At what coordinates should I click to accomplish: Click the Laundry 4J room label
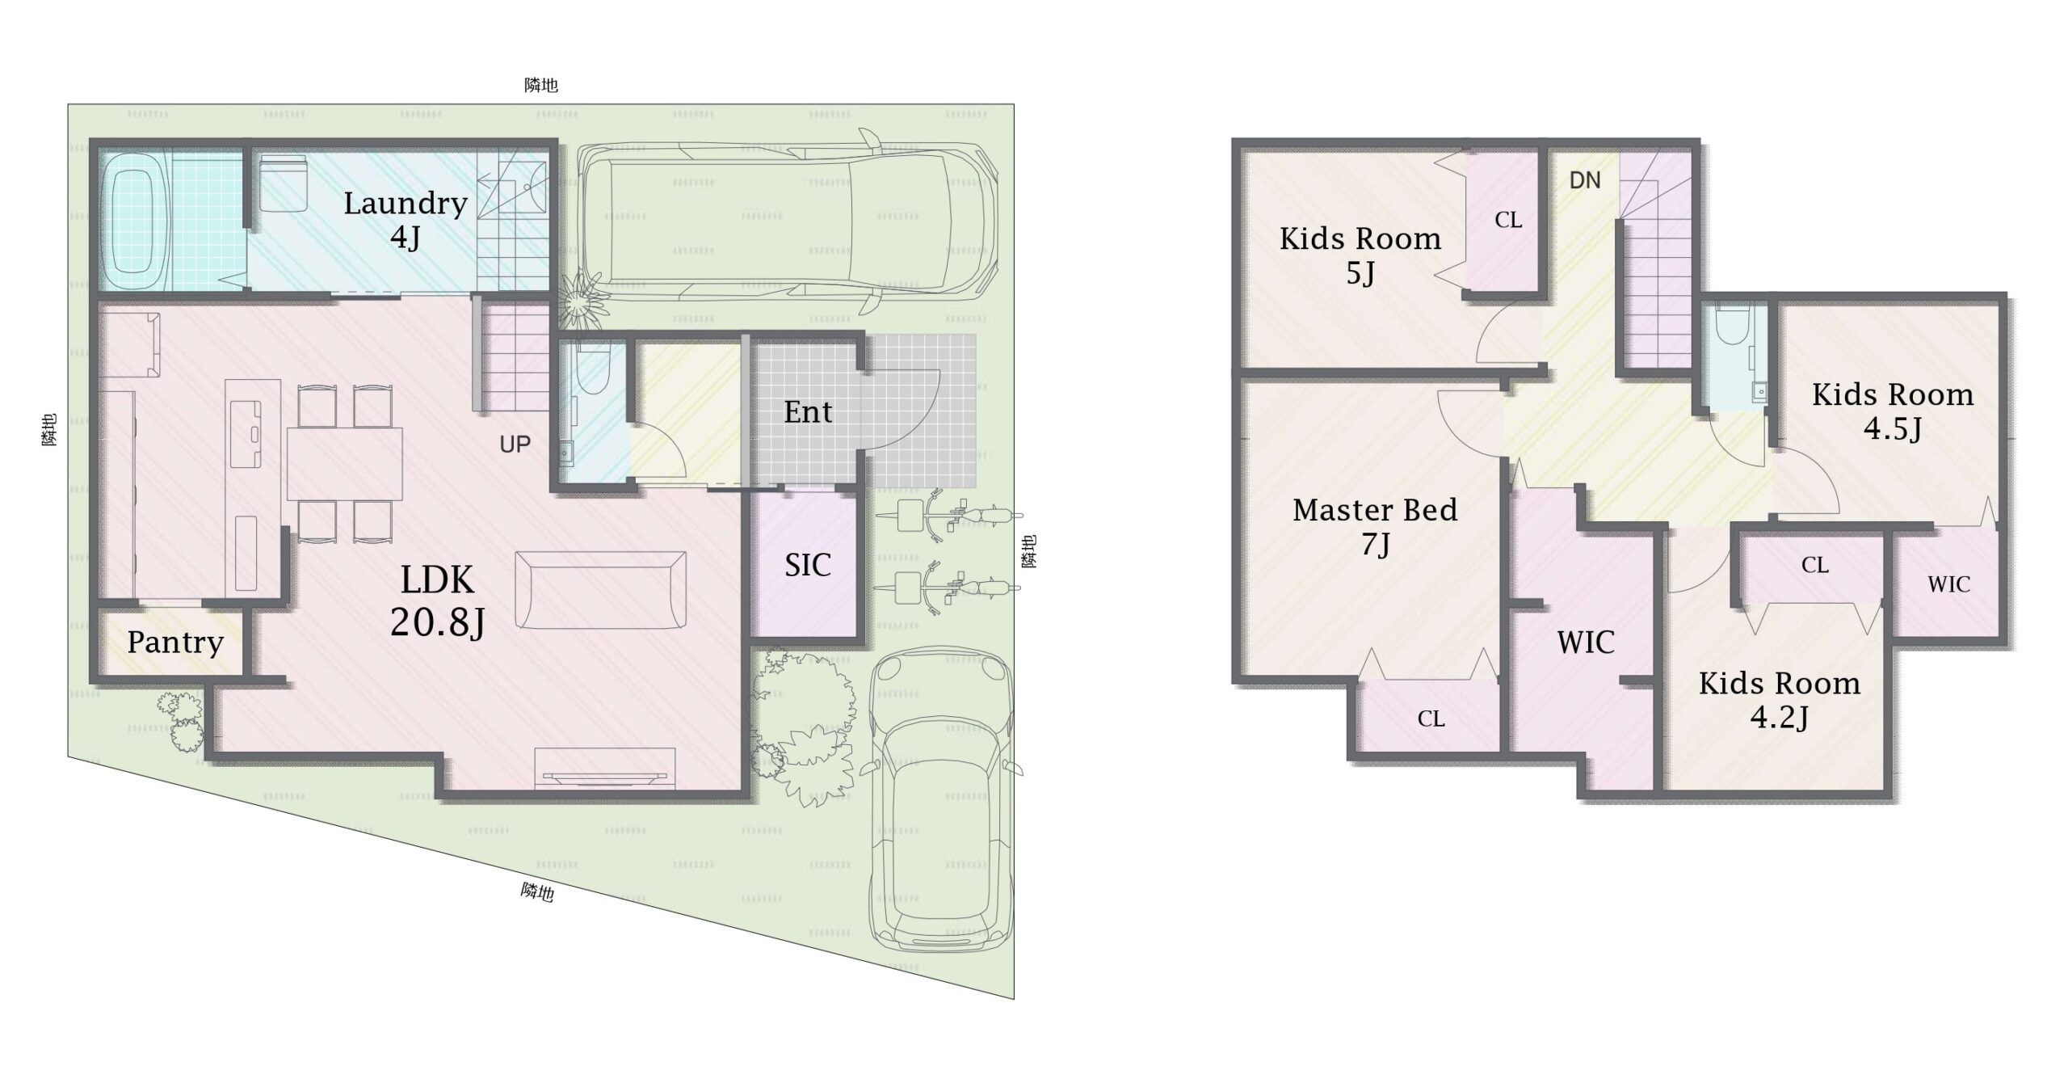pyautogui.click(x=406, y=220)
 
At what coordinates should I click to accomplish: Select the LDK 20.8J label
pyautogui.click(x=438, y=601)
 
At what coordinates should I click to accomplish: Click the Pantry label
pyautogui.click(x=175, y=643)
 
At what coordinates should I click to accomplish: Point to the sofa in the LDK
pyautogui.click(x=601, y=590)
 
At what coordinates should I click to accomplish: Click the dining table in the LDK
pyautogui.click(x=345, y=464)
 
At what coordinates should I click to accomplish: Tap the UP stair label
pyautogui.click(x=515, y=444)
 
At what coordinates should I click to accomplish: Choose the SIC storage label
pyautogui.click(x=808, y=565)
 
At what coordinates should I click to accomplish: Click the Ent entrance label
pyautogui.click(x=808, y=412)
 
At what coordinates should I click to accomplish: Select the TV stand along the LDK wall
pyautogui.click(x=604, y=769)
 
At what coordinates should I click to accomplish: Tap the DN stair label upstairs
pyautogui.click(x=1585, y=180)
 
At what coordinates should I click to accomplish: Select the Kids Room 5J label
pyautogui.click(x=1360, y=256)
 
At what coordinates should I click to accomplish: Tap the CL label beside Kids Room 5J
pyautogui.click(x=1508, y=220)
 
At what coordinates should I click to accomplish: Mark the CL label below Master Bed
pyautogui.click(x=1431, y=718)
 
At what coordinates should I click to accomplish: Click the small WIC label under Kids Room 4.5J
pyautogui.click(x=1948, y=584)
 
